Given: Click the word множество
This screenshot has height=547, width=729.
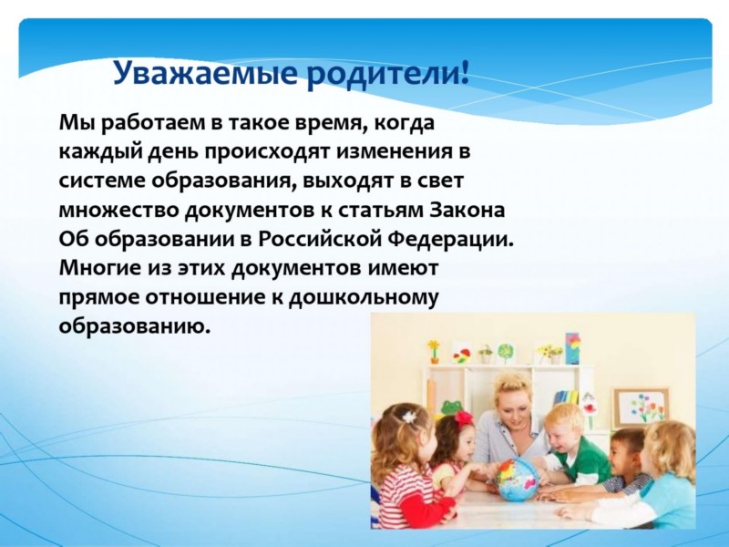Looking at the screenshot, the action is tap(118, 211).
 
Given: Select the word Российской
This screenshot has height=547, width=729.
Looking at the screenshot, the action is tap(320, 239).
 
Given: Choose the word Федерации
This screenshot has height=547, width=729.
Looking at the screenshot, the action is tap(450, 239).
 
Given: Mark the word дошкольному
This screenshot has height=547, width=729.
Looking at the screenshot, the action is tap(363, 299).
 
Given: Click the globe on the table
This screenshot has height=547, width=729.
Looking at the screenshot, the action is tap(516, 478).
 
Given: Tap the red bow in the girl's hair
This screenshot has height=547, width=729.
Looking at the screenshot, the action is tap(463, 418).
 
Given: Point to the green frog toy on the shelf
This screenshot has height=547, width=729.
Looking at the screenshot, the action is tap(450, 407).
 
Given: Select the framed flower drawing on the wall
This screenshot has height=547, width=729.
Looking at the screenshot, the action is tap(642, 408).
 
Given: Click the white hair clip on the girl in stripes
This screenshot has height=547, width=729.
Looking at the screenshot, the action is tap(409, 417).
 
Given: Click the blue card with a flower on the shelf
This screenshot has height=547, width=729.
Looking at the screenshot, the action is tap(572, 347).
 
